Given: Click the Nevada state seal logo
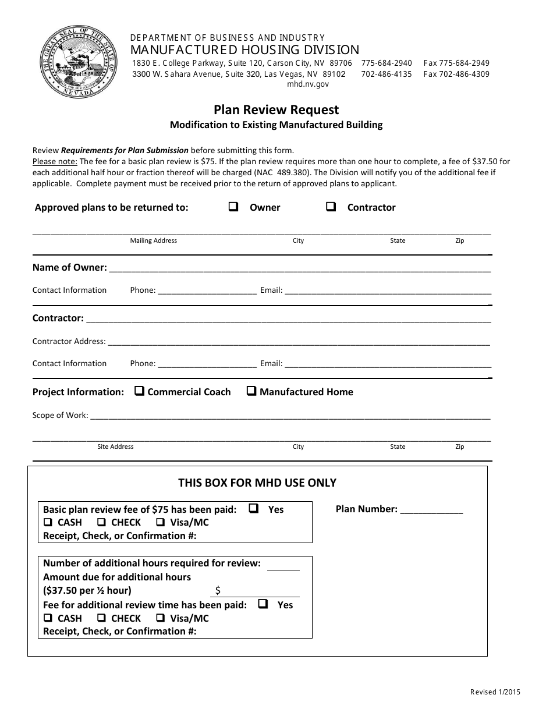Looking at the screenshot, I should [79, 64].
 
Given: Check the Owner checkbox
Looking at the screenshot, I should [233, 207].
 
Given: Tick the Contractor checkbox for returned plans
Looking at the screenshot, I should [331, 207].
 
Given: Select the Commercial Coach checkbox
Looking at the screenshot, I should [139, 391].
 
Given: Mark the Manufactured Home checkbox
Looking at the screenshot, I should [251, 391].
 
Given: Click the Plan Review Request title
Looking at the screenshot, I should [276, 109].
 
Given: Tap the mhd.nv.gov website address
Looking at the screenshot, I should [308, 84].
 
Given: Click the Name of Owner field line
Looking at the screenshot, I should [299, 269].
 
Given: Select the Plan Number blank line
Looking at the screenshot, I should [431, 511].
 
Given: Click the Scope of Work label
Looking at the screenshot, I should [61, 415].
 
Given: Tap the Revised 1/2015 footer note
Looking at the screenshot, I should [495, 692].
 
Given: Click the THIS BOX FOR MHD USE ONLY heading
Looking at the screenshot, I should [257, 483].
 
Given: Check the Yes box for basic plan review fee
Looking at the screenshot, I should [253, 508].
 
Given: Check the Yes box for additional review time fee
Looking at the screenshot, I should [263, 604].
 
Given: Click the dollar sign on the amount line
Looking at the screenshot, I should [218, 590].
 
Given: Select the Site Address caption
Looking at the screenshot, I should [115, 446].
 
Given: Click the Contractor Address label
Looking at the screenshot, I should [69, 341].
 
